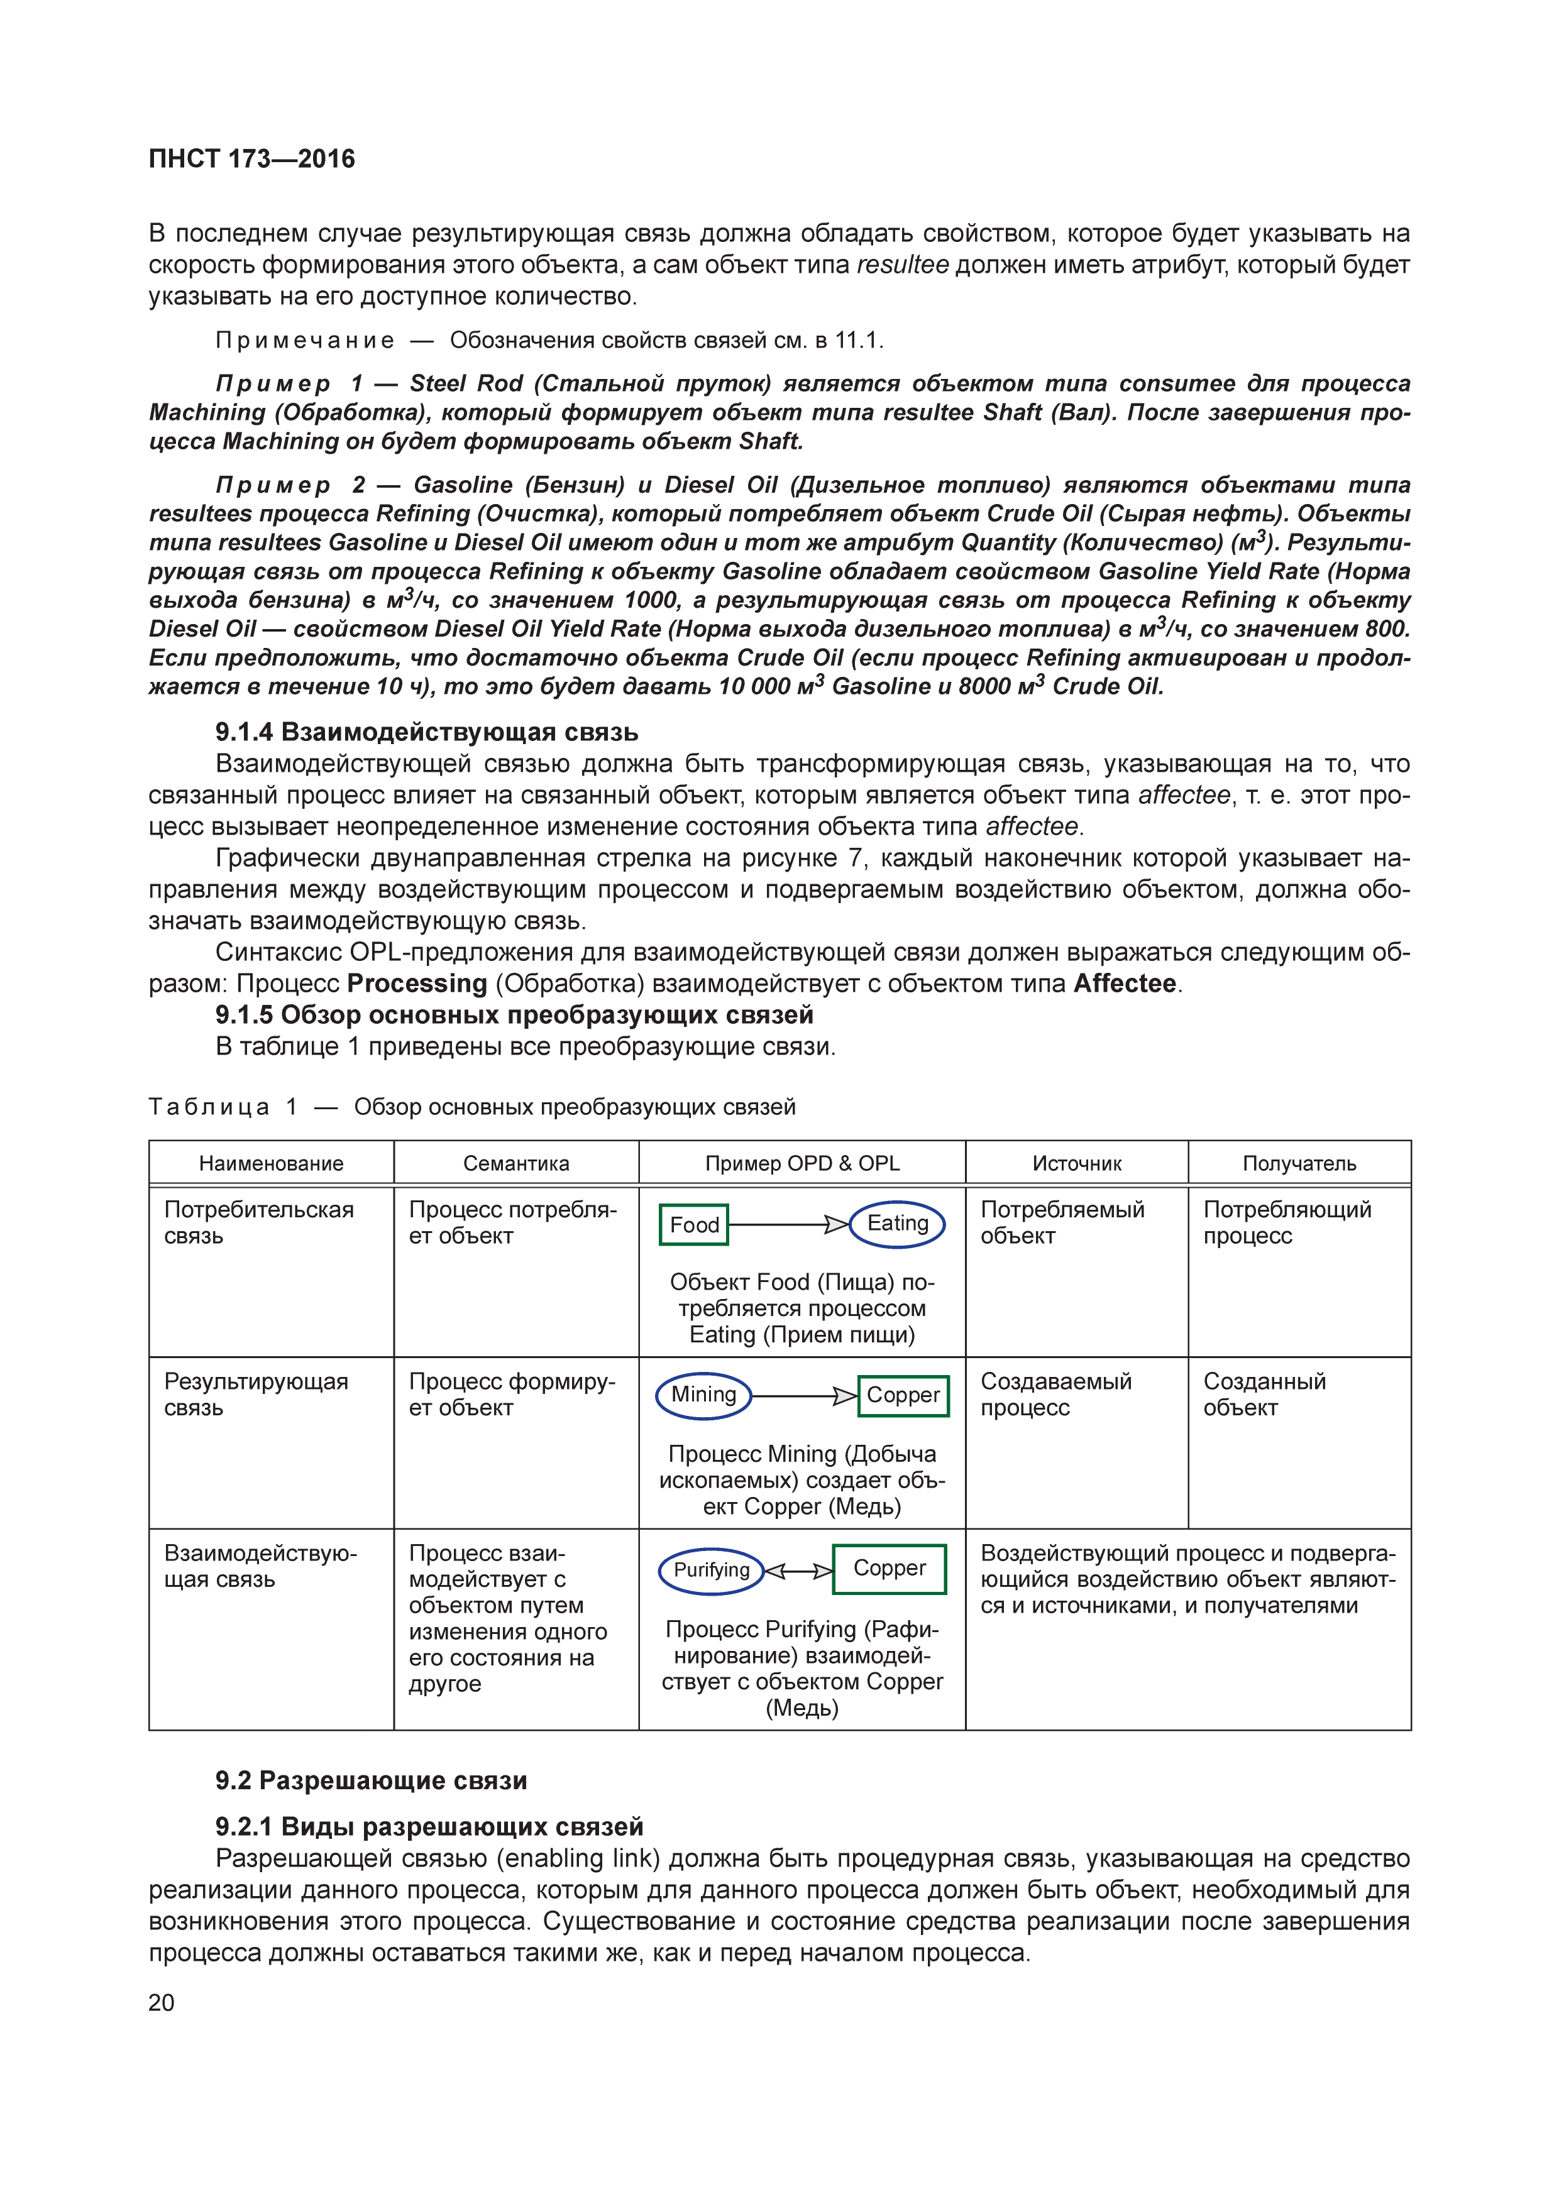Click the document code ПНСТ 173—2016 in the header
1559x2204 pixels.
click(251, 158)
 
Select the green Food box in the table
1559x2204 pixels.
click(694, 1225)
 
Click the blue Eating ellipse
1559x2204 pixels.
click(898, 1224)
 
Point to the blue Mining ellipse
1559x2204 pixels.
click(703, 1396)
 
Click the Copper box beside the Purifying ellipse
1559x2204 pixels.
click(889, 1569)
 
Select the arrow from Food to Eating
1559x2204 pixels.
click(789, 1225)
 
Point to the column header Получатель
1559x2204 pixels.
click(1299, 1163)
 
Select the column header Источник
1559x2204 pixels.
click(1076, 1163)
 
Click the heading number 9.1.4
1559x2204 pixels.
click(244, 732)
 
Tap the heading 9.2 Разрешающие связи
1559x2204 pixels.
click(370, 1780)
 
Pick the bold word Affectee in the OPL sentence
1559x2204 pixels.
click(1124, 984)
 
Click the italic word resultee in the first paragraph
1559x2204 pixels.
click(901, 265)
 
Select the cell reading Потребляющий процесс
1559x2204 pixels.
click(1286, 1223)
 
